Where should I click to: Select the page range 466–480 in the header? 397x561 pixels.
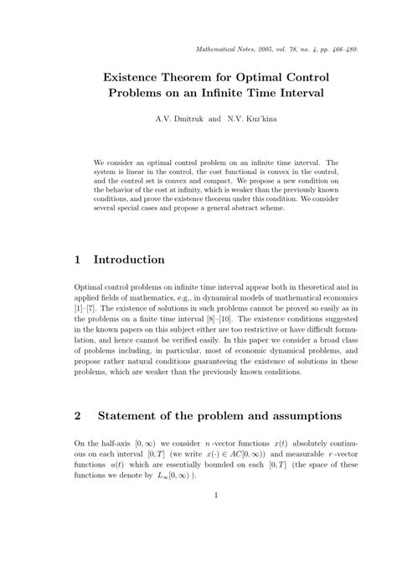click(x=343, y=49)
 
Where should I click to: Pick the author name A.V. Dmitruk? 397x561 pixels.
click(x=179, y=119)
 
